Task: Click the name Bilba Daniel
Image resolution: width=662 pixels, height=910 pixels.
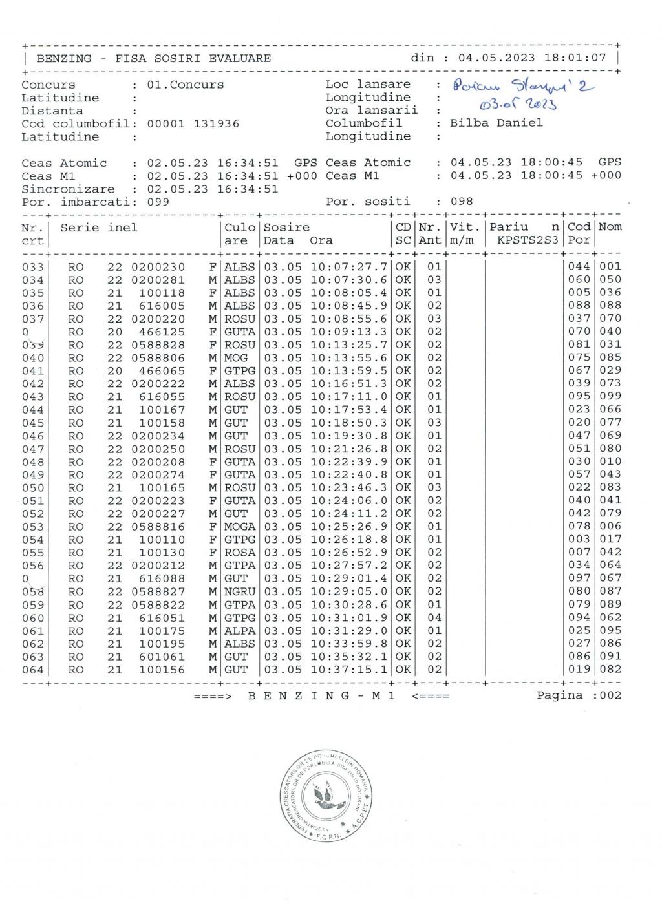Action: [496, 123]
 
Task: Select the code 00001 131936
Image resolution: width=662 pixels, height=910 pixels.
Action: [193, 123]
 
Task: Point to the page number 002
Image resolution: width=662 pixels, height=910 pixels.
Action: [610, 695]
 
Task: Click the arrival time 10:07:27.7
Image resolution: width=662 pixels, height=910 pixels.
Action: [349, 267]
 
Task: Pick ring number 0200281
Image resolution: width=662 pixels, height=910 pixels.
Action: [158, 280]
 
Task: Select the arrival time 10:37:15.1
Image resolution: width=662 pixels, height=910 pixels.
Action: [349, 670]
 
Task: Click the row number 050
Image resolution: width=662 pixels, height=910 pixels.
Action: [33, 488]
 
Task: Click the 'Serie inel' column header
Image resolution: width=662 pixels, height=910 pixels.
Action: [99, 228]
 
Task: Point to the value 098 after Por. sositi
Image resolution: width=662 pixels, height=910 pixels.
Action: [462, 202]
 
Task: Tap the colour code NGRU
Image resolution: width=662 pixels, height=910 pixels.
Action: [239, 592]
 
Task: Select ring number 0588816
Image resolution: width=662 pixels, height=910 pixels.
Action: [158, 527]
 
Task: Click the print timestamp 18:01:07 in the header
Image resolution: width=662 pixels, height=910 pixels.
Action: [575, 58]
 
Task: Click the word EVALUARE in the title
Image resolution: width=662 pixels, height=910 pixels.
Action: [240, 58]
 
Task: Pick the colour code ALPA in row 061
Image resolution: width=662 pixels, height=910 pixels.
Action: [239, 631]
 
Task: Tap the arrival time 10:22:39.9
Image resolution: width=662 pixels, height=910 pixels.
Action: [349, 462]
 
